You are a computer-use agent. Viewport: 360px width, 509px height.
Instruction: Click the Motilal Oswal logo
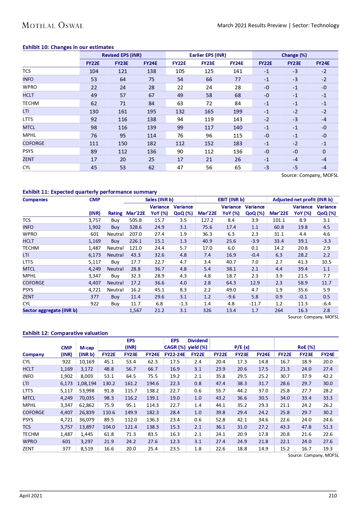[53, 26]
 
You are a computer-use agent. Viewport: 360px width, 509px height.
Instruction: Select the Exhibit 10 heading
[68, 47]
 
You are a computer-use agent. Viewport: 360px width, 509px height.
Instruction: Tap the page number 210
[333, 496]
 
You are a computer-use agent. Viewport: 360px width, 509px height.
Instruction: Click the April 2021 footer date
[31, 496]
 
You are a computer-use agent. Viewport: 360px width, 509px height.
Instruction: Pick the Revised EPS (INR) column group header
[122, 55]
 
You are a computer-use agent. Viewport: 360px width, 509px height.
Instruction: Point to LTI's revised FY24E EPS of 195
[151, 111]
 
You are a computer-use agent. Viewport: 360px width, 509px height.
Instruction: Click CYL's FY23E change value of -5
[295, 167]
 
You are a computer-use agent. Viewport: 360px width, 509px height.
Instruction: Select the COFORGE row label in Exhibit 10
[34, 143]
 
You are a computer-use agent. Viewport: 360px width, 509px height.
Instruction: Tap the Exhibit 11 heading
[90, 192]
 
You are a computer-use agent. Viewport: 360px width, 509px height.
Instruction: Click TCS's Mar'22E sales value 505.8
[135, 220]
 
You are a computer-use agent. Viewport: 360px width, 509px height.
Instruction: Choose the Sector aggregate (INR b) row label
[50, 310]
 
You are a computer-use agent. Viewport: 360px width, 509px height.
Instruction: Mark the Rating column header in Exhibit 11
[115, 213]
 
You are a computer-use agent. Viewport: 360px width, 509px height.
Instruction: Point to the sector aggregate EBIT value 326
[207, 310]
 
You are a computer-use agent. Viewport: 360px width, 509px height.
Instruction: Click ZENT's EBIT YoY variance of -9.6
[231, 297]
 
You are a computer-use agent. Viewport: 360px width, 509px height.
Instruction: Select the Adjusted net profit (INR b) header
[303, 200]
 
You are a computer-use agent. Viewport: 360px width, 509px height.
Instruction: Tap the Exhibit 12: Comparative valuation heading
[65, 333]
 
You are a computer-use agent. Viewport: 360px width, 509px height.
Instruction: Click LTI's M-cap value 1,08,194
[87, 383]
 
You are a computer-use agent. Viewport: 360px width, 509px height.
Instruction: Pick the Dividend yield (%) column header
[198, 344]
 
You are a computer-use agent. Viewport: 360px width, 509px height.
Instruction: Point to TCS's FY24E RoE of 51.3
[328, 427]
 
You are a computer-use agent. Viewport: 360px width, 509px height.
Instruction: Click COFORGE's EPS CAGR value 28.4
[175, 412]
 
